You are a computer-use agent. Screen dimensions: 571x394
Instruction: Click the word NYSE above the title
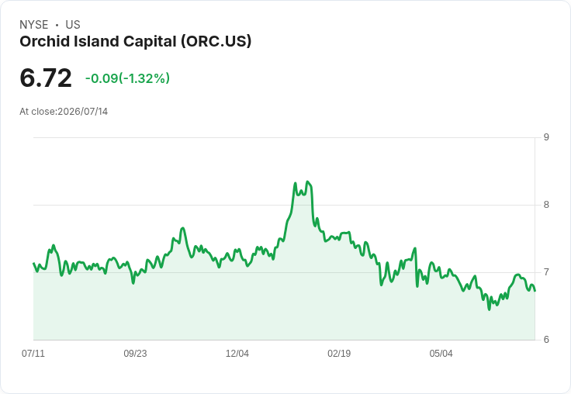click(x=34, y=25)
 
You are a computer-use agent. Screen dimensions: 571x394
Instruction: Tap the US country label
click(x=73, y=25)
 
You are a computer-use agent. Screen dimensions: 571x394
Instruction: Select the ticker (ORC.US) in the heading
click(x=216, y=42)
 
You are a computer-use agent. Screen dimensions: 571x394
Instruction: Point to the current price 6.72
click(x=46, y=78)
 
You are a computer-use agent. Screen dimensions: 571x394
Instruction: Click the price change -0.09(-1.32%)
click(x=127, y=78)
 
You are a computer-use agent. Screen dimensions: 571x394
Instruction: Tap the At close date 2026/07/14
click(x=83, y=112)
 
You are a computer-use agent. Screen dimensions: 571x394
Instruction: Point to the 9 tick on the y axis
click(x=546, y=137)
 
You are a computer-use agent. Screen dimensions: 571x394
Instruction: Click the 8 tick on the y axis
click(x=546, y=205)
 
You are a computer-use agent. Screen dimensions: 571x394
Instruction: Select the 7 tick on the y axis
click(x=546, y=272)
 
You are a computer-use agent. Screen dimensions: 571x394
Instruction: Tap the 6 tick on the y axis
click(x=546, y=340)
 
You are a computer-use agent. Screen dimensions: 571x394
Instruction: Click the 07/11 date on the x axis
click(x=33, y=354)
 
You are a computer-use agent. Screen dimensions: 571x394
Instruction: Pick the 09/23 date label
click(x=135, y=354)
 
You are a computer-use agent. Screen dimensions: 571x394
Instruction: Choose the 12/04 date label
click(x=237, y=354)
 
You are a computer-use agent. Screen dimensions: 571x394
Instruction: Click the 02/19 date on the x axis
click(x=339, y=354)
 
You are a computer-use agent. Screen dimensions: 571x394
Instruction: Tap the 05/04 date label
click(x=441, y=354)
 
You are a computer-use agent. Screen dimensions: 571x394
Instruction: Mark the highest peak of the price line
click(x=308, y=181)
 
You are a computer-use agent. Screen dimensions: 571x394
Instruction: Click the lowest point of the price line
click(x=489, y=309)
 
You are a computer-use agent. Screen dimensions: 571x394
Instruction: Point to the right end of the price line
click(x=535, y=291)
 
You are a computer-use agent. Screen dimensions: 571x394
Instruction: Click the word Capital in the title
click(x=150, y=42)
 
